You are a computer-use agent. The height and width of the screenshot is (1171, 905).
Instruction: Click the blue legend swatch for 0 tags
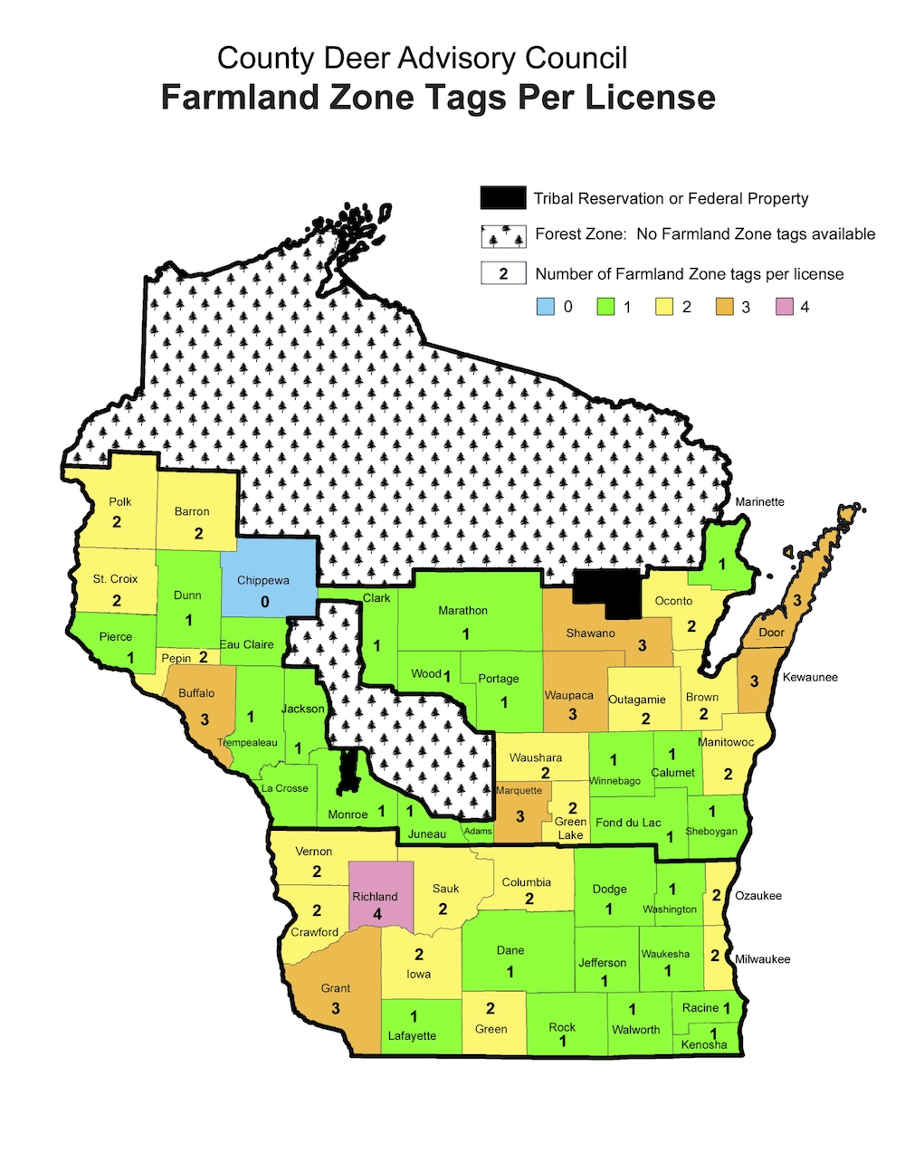[545, 307]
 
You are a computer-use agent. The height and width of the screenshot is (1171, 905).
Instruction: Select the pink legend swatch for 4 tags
[784, 307]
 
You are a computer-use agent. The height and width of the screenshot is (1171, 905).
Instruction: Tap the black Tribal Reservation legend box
[502, 198]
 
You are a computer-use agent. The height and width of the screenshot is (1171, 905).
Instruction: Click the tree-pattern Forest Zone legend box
[502, 235]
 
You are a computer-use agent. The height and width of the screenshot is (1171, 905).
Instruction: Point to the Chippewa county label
[263, 580]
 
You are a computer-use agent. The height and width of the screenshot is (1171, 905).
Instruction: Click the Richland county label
[375, 897]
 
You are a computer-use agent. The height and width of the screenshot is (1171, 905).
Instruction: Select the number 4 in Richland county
[377, 914]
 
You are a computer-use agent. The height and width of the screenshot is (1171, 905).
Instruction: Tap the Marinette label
[759, 501]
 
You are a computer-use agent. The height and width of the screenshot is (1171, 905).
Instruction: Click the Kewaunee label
[810, 677]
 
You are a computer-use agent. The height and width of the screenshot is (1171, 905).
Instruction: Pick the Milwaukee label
[762, 959]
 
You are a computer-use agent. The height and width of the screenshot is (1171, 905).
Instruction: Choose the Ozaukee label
[758, 896]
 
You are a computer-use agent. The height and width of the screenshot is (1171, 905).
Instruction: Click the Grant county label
[336, 988]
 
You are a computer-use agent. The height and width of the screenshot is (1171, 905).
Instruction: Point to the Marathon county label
[462, 611]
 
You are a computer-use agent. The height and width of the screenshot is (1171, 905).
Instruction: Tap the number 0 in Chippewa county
[264, 602]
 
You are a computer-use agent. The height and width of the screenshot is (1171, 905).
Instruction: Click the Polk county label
[120, 501]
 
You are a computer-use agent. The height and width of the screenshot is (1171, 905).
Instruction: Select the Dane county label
[510, 950]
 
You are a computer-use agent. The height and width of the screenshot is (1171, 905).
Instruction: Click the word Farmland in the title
[243, 97]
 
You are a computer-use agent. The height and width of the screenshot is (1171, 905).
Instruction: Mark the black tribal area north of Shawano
[609, 593]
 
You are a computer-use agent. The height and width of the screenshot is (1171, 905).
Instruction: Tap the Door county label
[771, 633]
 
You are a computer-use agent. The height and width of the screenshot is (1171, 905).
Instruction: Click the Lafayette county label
[412, 1035]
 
